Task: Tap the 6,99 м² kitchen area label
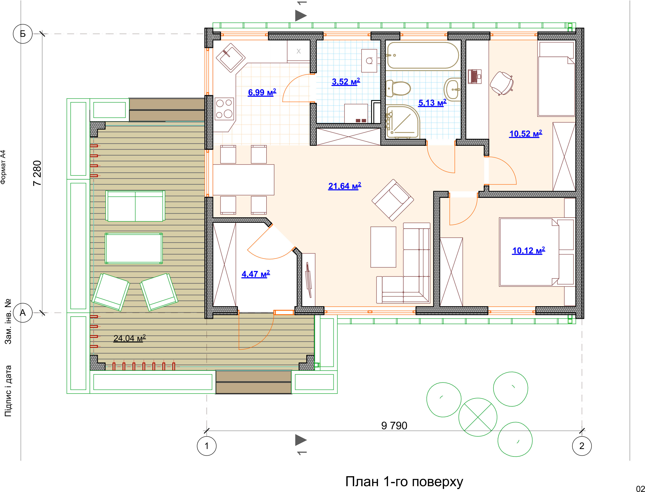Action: coord(262,92)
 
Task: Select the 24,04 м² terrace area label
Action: coord(130,338)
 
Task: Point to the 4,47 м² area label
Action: coord(256,274)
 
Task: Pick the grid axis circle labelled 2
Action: coord(582,446)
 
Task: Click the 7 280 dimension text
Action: coord(37,173)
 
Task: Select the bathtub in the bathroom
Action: coord(423,56)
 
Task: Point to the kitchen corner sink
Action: coord(231,58)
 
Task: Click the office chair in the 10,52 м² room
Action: coord(502,83)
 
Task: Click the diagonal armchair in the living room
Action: coord(392,200)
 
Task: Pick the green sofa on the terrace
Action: coord(135,206)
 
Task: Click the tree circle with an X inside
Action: coord(478,417)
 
